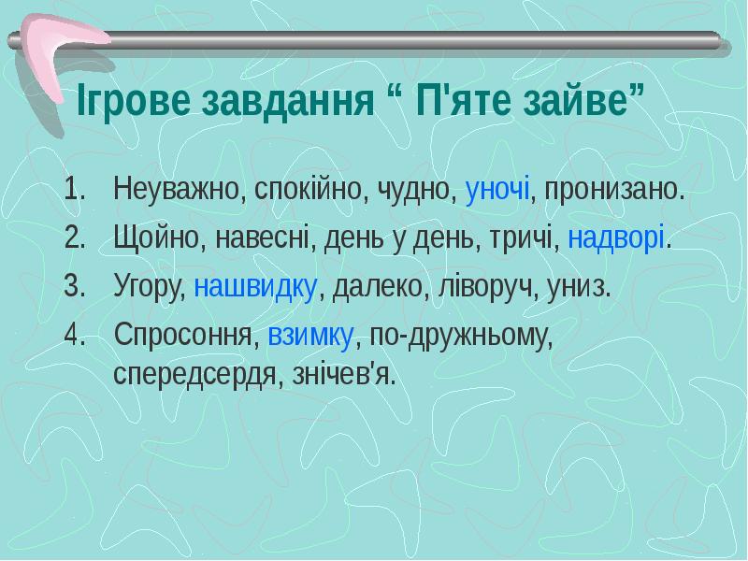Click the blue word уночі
click(x=496, y=191)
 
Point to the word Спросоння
click(x=183, y=336)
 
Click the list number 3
click(x=73, y=286)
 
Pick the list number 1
click(x=73, y=191)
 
